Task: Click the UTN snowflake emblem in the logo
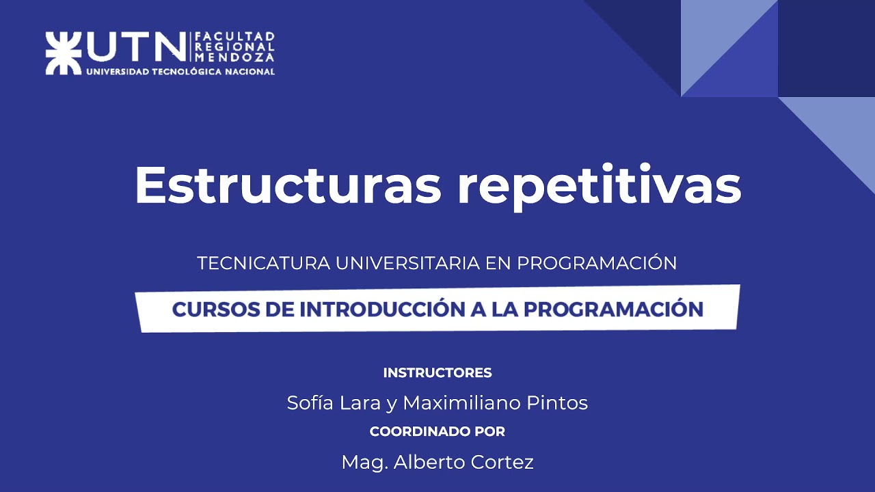pos(63,52)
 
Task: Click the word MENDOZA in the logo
pos(235,58)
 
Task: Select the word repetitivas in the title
pos(599,186)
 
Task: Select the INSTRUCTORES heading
pos(437,373)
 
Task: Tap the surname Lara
pos(363,403)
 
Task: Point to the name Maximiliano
pos(461,403)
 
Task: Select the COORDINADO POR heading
pos(437,432)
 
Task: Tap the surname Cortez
pos(502,463)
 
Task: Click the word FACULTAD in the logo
pos(235,36)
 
